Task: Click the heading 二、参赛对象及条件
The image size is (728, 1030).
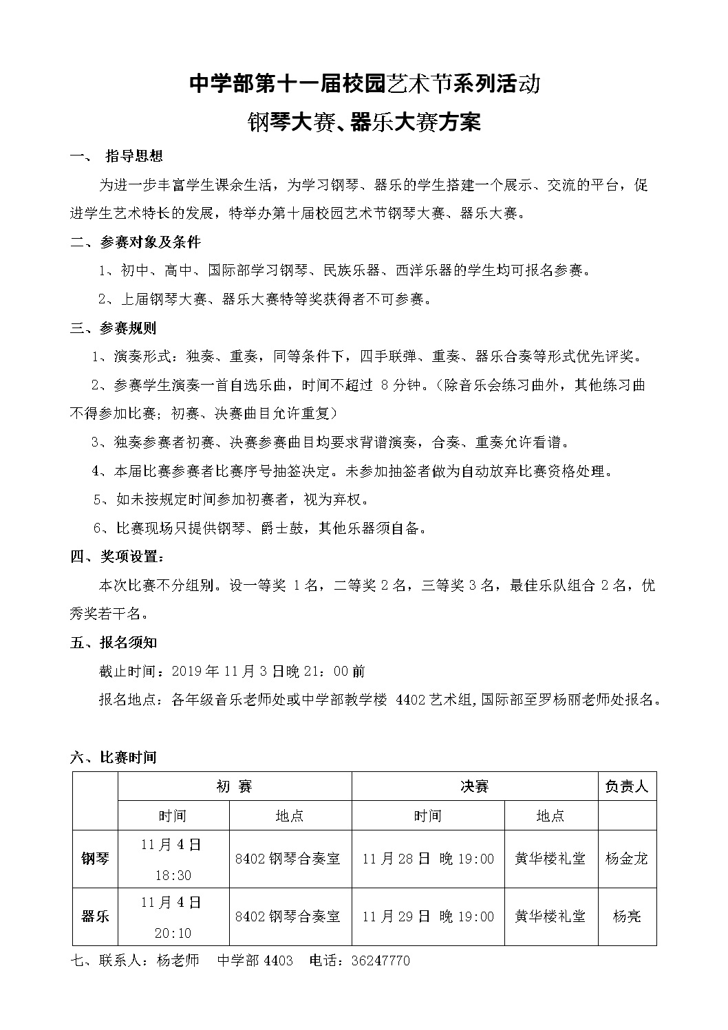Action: (x=136, y=242)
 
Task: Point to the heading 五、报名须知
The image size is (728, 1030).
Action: (x=114, y=643)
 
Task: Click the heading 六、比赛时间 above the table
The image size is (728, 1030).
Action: (x=114, y=758)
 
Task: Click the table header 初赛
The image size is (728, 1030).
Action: (x=234, y=786)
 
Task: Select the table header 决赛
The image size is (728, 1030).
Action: (x=474, y=786)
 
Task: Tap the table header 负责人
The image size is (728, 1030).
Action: (x=626, y=786)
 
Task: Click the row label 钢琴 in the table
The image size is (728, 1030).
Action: (x=95, y=859)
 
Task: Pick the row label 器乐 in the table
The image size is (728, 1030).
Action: (x=95, y=916)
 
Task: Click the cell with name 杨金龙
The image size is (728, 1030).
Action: (x=626, y=859)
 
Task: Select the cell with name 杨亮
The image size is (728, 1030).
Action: (x=626, y=916)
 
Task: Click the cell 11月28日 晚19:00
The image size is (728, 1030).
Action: (x=427, y=859)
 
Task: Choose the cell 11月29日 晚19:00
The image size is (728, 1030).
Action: (x=427, y=916)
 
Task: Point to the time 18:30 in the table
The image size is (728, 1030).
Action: (x=173, y=875)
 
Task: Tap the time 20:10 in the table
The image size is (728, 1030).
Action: (x=173, y=933)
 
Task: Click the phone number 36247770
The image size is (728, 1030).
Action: (x=380, y=961)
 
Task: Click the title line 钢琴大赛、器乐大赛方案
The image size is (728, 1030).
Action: (x=363, y=123)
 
